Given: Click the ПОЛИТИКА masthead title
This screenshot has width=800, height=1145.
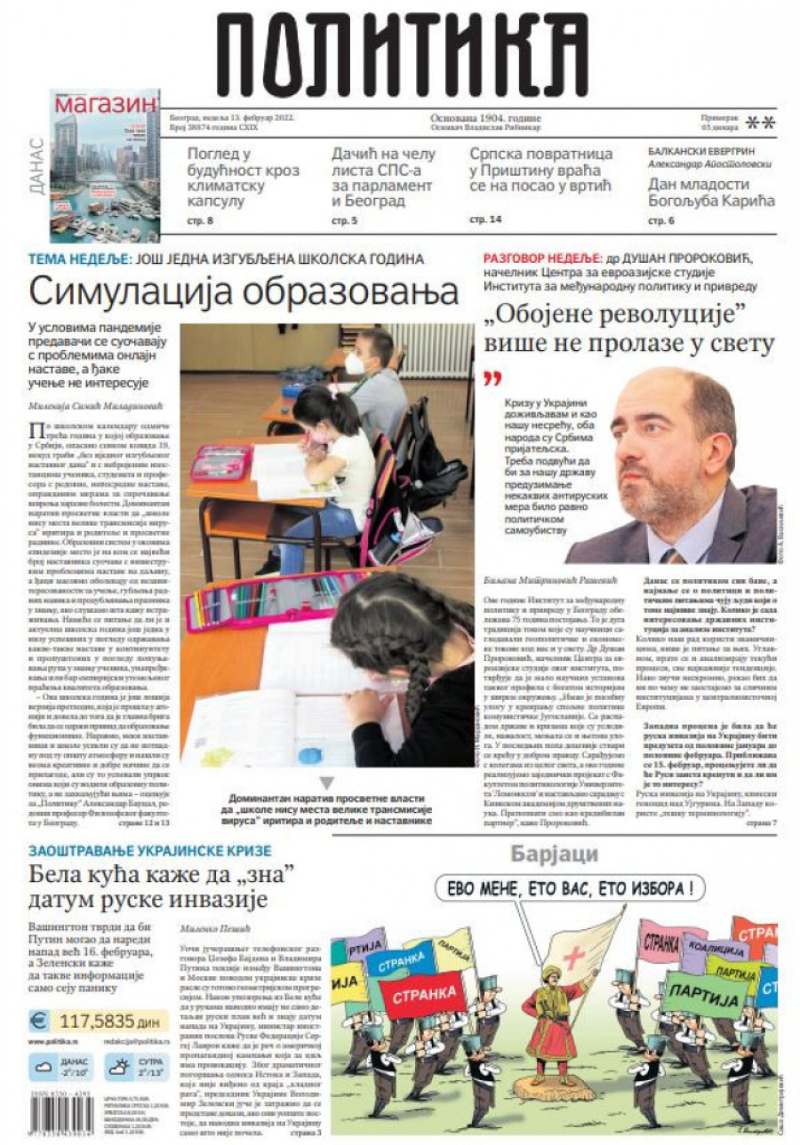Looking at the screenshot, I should click(402, 55).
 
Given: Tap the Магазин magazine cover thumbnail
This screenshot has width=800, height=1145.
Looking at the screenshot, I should click(105, 166).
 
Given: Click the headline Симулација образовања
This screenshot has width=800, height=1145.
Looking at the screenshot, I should click(243, 291).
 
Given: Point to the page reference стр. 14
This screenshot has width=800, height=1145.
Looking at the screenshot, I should click(485, 219).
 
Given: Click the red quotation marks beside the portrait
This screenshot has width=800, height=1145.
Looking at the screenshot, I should click(492, 380).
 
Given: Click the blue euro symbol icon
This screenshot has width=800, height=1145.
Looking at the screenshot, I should click(39, 1021).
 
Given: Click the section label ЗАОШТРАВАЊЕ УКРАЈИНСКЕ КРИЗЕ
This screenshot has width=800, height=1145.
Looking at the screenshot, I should click(149, 850).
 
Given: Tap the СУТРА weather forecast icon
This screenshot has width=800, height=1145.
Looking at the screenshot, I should click(117, 1066).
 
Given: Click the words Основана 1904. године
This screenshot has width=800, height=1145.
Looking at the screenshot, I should click(485, 118).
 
